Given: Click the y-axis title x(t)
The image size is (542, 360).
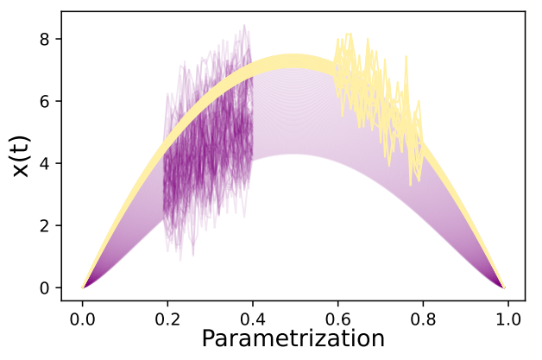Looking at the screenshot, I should [24, 156].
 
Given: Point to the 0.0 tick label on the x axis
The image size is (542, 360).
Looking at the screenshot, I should [83, 317].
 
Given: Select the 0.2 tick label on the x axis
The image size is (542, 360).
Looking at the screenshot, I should [167, 317].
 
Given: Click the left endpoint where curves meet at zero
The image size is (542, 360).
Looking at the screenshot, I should [84, 287].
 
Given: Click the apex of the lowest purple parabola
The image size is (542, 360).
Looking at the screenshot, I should [293, 155].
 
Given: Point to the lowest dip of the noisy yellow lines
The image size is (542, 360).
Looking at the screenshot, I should [410, 183].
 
